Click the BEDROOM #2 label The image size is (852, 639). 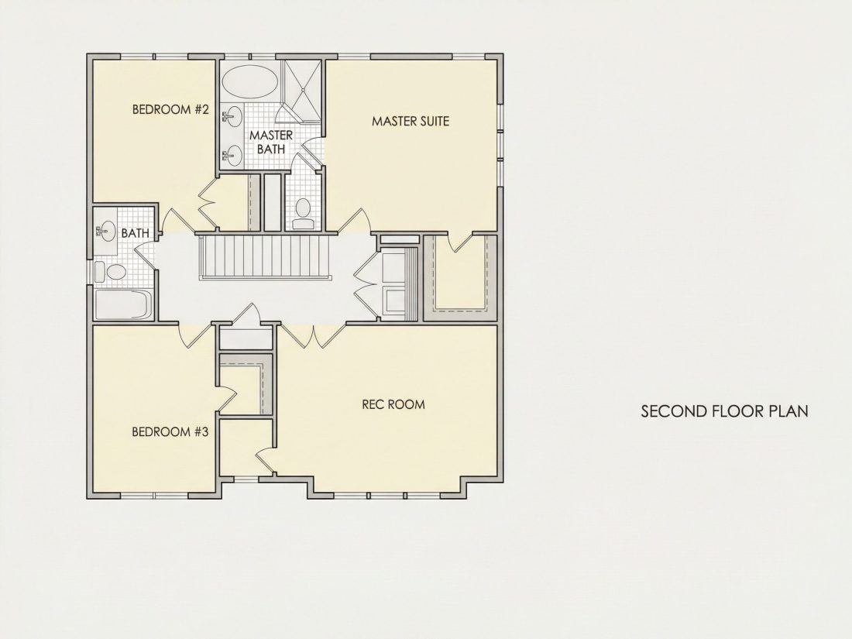click(x=170, y=110)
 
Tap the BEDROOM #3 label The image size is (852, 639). click(x=170, y=432)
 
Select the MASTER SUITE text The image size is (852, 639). click(x=411, y=121)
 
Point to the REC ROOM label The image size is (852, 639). click(x=393, y=404)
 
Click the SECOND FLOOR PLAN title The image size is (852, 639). click(x=724, y=411)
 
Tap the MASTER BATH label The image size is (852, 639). click(x=271, y=142)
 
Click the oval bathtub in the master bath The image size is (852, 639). click(x=250, y=82)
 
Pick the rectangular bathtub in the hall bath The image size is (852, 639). click(x=123, y=305)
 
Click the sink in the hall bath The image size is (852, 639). click(x=106, y=230)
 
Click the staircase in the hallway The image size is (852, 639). click(x=265, y=256)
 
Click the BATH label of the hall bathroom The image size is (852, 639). click(x=136, y=233)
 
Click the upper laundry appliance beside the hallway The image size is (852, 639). click(x=395, y=265)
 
